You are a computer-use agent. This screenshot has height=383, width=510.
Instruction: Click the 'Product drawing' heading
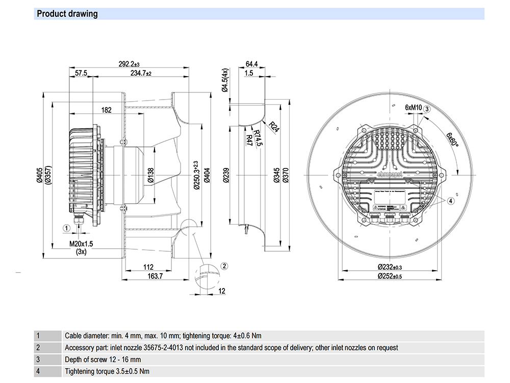click(x=67, y=14)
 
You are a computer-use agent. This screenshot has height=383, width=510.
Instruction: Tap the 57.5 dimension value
click(x=81, y=74)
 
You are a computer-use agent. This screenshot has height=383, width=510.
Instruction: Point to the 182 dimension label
click(x=107, y=110)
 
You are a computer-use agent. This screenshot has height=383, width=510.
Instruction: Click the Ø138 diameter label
click(x=151, y=176)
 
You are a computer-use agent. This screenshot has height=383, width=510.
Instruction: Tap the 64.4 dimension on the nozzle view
click(x=252, y=64)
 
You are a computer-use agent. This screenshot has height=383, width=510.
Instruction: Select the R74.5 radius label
click(x=259, y=138)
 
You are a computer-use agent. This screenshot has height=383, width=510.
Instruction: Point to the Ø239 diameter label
click(x=226, y=175)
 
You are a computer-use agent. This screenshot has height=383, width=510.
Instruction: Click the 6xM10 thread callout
click(x=414, y=108)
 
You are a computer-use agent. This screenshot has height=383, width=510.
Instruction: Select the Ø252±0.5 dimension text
click(x=390, y=276)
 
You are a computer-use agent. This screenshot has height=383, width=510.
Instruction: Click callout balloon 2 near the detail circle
click(x=224, y=266)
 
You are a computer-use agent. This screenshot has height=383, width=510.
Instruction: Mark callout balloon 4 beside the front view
click(x=450, y=201)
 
